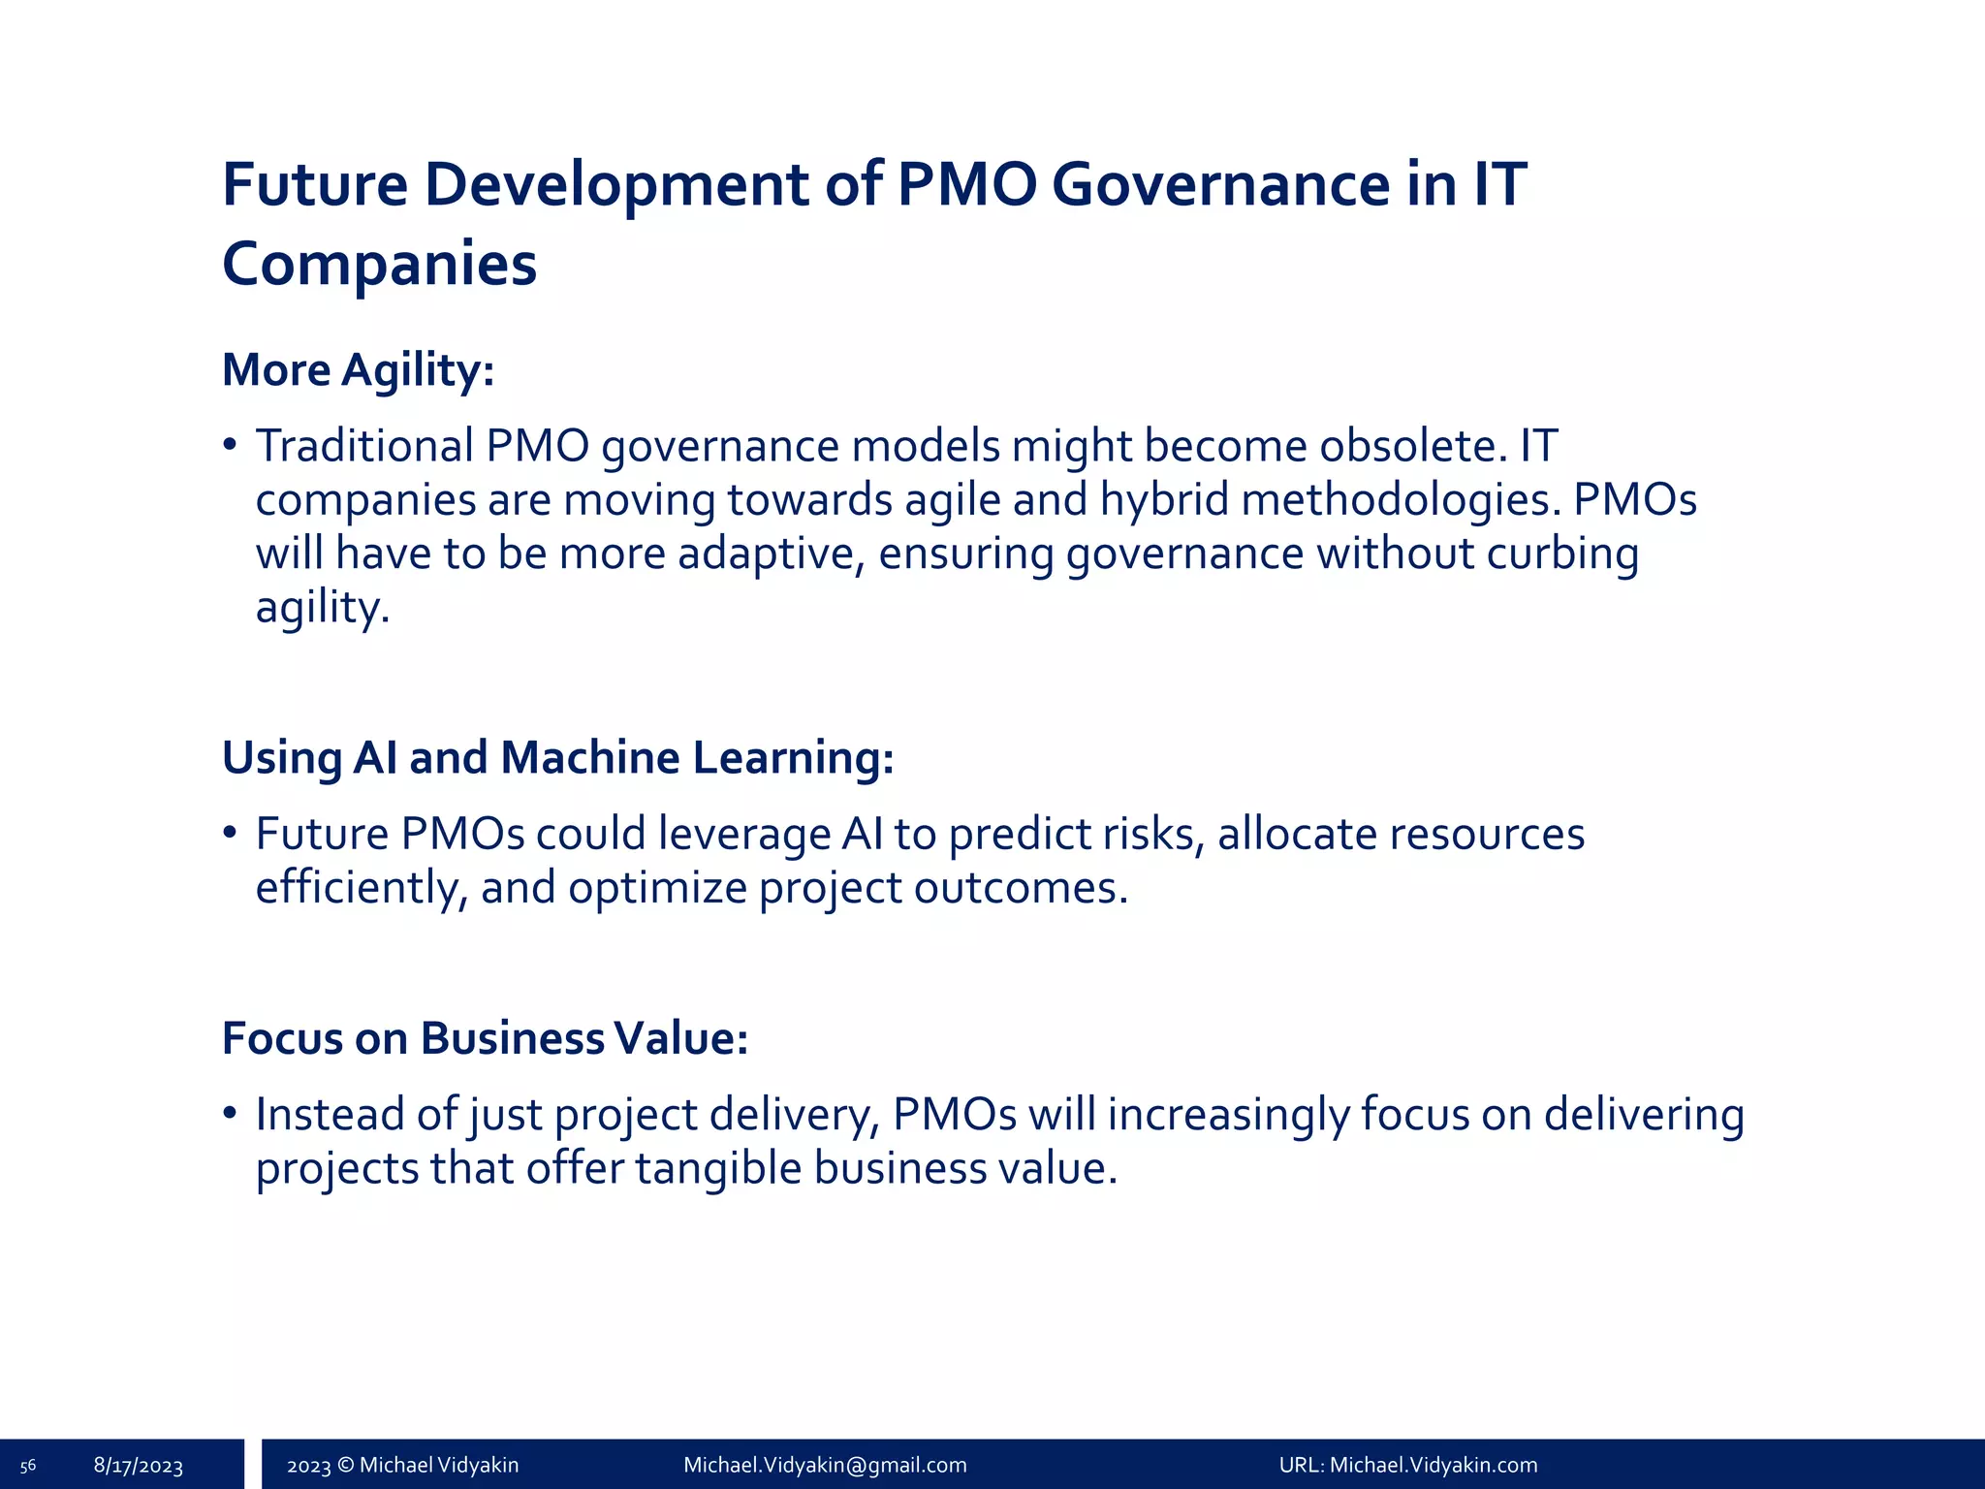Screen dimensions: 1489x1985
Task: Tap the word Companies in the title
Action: coord(379,264)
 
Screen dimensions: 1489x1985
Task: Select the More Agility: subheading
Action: coord(358,370)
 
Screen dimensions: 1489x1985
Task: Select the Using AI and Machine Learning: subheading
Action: coord(557,757)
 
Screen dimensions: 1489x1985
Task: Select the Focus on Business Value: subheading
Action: coord(485,1038)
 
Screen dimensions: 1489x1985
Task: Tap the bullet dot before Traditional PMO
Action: coord(230,446)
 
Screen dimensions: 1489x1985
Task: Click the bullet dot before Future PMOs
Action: coord(230,834)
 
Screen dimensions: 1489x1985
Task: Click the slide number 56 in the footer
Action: coord(28,1466)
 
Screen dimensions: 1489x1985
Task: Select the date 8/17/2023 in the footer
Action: coord(139,1466)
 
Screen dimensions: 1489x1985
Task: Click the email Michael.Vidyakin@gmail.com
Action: coord(825,1466)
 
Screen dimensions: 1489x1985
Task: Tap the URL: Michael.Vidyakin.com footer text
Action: coord(1407,1466)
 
